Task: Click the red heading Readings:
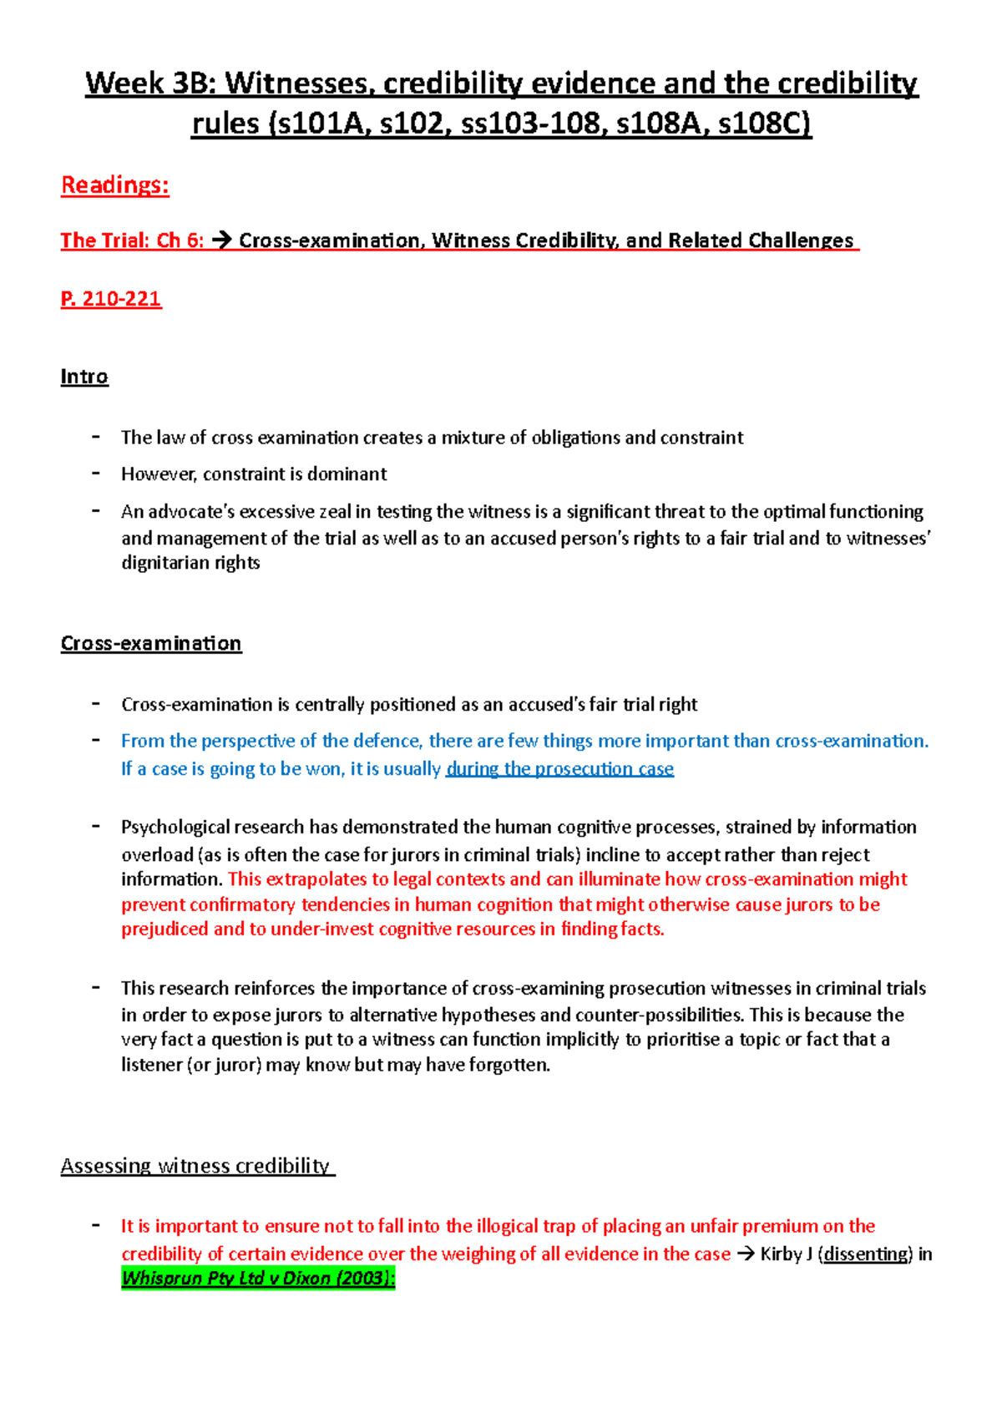115,185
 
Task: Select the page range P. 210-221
111,299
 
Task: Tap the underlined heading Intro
84,377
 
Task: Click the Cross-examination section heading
151,643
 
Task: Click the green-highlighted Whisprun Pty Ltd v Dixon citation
258,1278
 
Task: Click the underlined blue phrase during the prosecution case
559,768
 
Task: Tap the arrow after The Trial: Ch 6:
221,241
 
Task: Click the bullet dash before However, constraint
97,474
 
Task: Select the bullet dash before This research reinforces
97,987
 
